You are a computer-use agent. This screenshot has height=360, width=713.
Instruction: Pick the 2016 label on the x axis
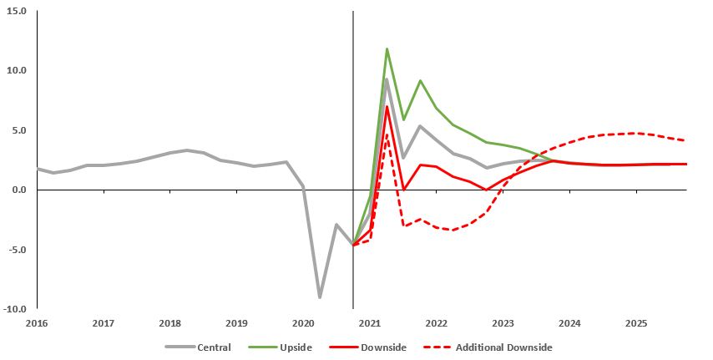point(37,322)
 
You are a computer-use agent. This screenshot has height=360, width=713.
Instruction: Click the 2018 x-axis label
point(169,322)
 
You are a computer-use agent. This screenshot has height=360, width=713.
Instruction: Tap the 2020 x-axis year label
point(303,322)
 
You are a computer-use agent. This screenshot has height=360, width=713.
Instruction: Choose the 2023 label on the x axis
point(503,322)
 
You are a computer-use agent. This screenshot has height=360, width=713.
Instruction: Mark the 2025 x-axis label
point(636,322)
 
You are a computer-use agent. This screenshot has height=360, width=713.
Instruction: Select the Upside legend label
point(295,347)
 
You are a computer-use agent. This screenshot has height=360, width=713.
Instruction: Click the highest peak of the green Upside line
point(387,49)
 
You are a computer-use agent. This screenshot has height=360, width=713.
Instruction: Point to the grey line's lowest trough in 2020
point(320,297)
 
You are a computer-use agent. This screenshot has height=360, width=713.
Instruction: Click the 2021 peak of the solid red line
point(387,107)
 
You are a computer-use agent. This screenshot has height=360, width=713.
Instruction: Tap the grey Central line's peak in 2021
point(387,79)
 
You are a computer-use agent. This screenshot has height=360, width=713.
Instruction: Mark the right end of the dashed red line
point(686,140)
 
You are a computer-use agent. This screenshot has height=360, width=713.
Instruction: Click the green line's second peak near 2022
point(420,81)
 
